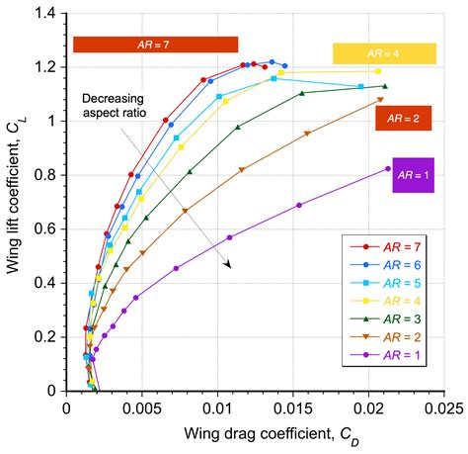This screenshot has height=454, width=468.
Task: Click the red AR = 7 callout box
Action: (x=155, y=45)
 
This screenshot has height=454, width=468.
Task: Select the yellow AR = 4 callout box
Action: (x=384, y=53)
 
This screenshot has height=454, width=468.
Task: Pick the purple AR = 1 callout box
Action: (x=413, y=175)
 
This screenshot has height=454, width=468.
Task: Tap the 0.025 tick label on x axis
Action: (x=443, y=407)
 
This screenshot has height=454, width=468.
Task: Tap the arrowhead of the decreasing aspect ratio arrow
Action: (x=228, y=265)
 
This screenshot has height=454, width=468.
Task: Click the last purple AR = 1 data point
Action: (x=388, y=169)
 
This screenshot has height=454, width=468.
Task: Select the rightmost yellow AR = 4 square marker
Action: (x=378, y=71)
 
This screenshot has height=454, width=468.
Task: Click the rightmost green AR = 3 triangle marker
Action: (x=385, y=87)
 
